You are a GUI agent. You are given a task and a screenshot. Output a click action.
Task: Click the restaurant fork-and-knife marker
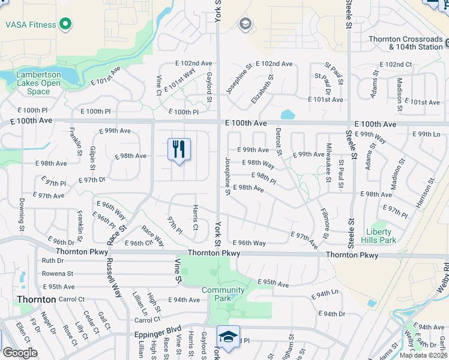point(178,148)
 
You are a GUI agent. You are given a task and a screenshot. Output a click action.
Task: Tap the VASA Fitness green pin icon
point(65,25)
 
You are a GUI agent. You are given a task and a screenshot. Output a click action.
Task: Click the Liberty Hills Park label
point(379,236)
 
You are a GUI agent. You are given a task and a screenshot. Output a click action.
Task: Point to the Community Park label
point(223,294)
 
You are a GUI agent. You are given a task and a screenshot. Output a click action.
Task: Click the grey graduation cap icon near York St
point(244,23)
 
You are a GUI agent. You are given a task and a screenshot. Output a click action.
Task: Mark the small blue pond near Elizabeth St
point(288,114)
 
